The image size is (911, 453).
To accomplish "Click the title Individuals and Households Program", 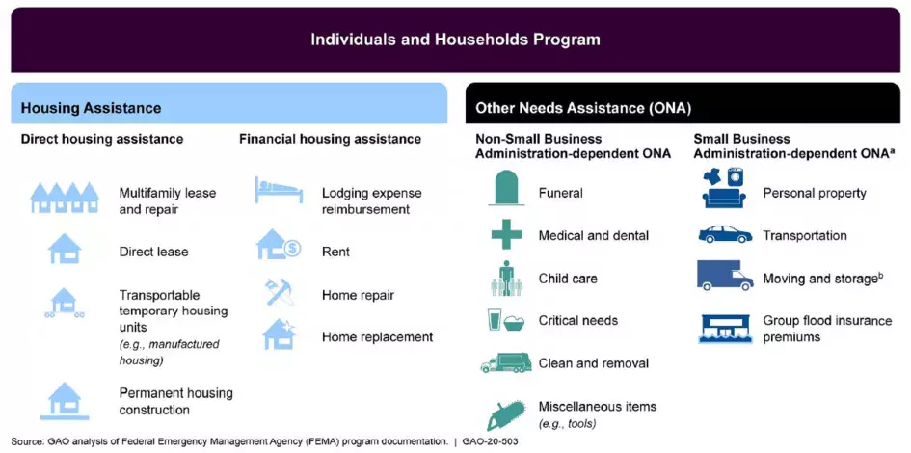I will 455,40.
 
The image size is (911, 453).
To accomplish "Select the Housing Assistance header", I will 91,108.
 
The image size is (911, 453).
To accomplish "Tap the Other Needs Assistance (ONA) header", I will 583,108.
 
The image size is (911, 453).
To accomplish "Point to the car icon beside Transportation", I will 725,234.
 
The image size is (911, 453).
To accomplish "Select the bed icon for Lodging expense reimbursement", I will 279,190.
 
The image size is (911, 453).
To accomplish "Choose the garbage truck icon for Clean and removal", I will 506,363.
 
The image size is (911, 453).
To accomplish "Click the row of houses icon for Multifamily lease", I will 65,197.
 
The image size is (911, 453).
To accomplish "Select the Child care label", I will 568,279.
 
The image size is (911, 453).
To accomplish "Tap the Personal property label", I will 815,193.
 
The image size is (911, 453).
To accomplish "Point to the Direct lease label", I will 154,252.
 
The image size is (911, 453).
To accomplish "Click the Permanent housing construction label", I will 176,402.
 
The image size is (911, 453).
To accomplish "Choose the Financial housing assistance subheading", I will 330,139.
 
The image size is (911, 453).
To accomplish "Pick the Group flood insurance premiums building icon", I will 725,329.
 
